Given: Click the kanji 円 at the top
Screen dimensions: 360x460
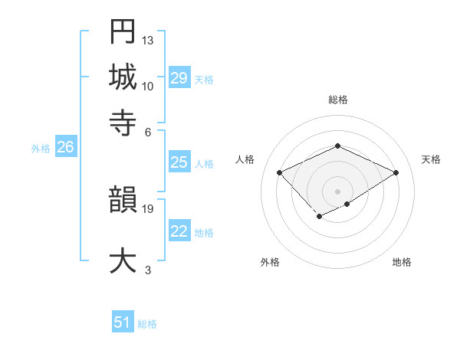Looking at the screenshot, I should pos(123,31).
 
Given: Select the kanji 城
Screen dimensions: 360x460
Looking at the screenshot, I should pos(123,77).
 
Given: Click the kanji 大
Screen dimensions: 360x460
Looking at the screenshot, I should pos(123,260).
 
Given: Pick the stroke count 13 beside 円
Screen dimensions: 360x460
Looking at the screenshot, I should pos(148,40).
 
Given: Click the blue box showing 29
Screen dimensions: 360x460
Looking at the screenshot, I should pos(179,78).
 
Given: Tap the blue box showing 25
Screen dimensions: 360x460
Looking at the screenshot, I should pos(179,162).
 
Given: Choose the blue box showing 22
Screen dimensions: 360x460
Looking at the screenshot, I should pos(179,232).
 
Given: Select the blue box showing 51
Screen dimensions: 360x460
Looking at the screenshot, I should pos(123,322).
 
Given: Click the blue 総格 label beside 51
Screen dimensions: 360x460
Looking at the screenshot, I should pos(147,324).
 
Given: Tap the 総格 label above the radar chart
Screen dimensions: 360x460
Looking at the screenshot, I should pos(337,100).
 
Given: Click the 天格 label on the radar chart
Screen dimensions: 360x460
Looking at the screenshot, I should pos(431,159).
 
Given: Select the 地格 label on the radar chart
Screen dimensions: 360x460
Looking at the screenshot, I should pos(402,262).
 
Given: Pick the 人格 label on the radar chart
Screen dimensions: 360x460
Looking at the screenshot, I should pos(245,159).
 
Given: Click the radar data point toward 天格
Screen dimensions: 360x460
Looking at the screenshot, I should pos(396,173).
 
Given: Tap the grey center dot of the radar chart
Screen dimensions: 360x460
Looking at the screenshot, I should pos(337,191).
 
